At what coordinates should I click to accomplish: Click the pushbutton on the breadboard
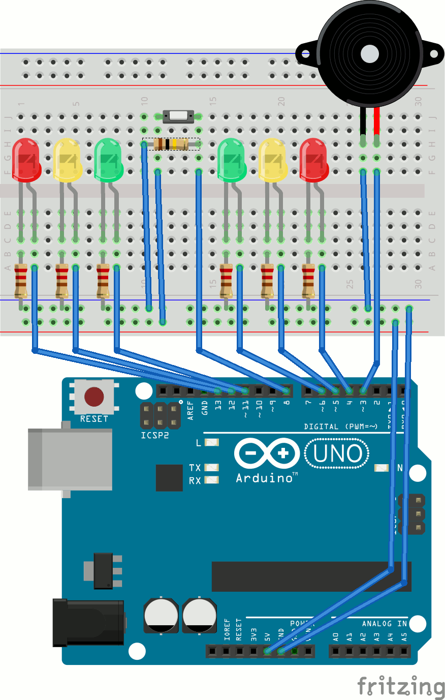(178, 116)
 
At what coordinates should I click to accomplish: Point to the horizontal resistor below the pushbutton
(171, 144)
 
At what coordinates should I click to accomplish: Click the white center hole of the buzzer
(369, 53)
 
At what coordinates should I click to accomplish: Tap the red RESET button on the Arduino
(94, 397)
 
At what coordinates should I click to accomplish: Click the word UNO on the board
(337, 454)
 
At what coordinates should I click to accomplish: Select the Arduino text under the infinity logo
(264, 478)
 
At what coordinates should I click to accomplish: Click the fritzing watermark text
(401, 687)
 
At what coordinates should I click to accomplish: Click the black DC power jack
(88, 622)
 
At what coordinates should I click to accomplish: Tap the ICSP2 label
(154, 436)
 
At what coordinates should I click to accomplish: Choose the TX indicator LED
(211, 467)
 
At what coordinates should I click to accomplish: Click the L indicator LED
(211, 443)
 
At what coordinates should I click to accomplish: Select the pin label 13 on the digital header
(218, 406)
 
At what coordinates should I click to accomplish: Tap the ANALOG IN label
(384, 624)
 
